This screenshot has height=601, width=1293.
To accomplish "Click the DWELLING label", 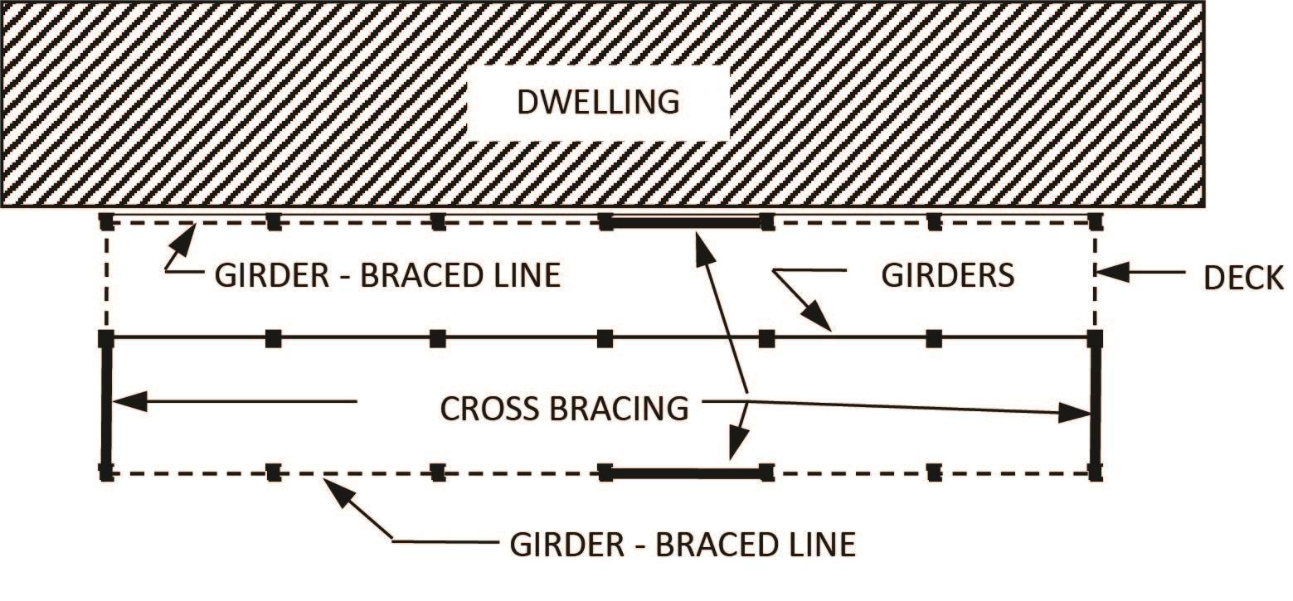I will click(597, 102).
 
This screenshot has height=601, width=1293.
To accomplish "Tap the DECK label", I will click(1243, 279).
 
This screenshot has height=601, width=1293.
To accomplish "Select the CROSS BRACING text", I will click(564, 409).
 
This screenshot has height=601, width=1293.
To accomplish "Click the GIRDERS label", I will click(947, 274).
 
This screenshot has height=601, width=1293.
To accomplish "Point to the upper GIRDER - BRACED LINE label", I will click(387, 274).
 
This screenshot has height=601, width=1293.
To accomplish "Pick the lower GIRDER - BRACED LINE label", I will click(682, 545).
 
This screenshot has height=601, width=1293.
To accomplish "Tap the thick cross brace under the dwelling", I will click(686, 222).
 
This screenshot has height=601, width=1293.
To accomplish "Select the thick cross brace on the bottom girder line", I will click(686, 474).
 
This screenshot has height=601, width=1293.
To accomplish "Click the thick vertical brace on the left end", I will click(106, 405).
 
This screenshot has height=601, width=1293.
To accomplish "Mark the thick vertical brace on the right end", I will click(1095, 405).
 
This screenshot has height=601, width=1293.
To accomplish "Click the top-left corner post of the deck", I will click(106, 221).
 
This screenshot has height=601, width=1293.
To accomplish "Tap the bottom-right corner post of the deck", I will click(1095, 473).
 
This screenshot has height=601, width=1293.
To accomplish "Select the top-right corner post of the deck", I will click(1095, 221).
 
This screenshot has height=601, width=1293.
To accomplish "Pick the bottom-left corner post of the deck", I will click(106, 473).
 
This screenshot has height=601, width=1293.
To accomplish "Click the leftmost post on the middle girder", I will click(106, 338).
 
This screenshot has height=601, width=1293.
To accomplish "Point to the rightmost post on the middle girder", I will click(1095, 338).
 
